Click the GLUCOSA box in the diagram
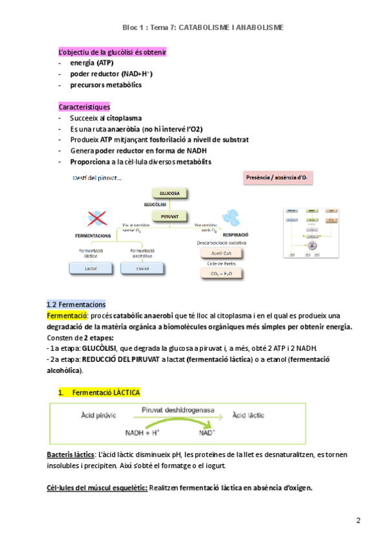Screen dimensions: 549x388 (x=169, y=193)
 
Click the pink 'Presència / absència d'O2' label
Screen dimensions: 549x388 (x=277, y=177)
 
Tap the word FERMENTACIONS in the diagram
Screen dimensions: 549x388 (x=91, y=236)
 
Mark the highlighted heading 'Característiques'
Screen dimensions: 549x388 (x=84, y=107)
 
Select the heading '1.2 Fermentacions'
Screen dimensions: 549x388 (x=76, y=304)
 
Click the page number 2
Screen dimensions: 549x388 (x=358, y=521)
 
